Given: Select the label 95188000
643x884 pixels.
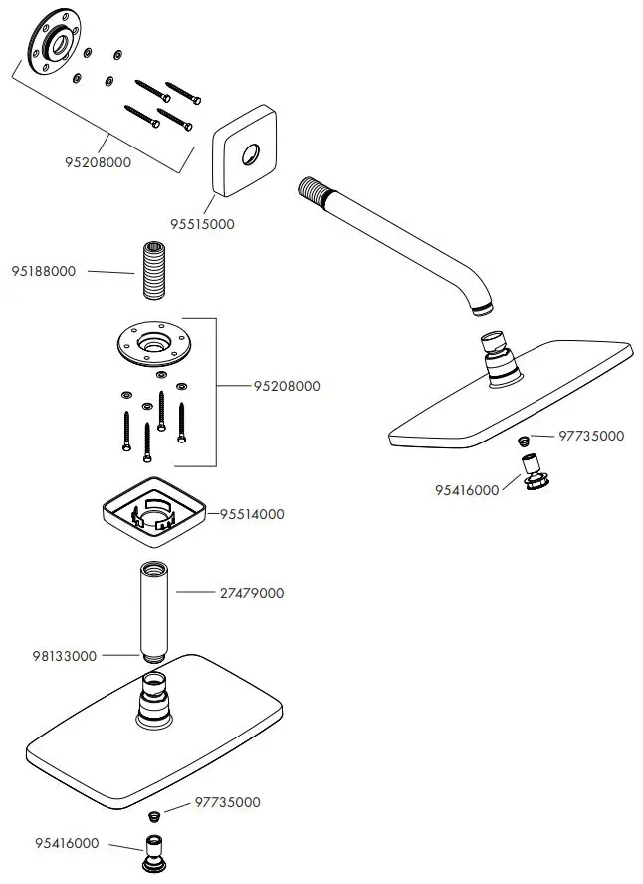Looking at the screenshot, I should click(x=44, y=271).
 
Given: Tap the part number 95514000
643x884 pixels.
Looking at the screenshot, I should click(x=252, y=514).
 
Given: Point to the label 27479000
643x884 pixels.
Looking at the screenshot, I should click(x=252, y=593).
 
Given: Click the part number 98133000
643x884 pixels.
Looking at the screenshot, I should click(x=65, y=656).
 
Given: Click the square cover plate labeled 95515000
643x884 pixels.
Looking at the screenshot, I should click(x=242, y=158).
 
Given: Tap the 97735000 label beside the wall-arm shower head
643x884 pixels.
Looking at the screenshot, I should click(x=591, y=436).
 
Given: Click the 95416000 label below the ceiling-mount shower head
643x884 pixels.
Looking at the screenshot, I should click(x=67, y=843).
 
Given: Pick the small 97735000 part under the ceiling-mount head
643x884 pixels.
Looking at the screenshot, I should click(x=154, y=816).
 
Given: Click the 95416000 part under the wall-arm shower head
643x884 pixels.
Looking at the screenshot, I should click(x=533, y=470).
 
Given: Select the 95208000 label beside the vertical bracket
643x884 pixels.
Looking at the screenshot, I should click(x=287, y=386).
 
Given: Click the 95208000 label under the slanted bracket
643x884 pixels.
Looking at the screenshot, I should click(x=98, y=162).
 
